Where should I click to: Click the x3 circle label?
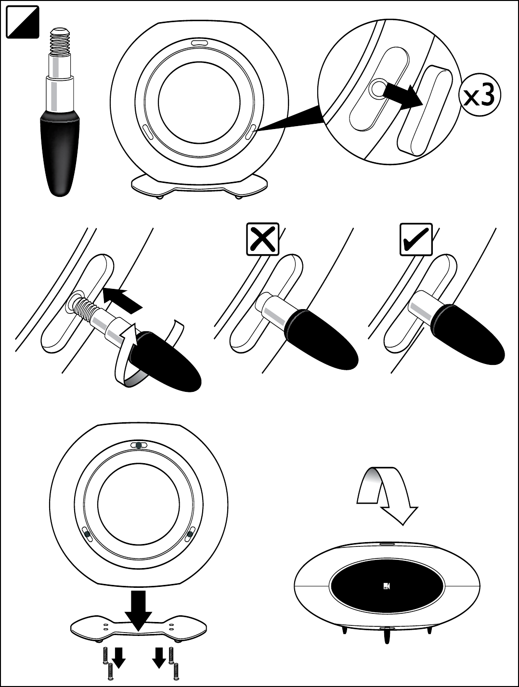(x=479, y=96)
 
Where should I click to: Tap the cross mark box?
(x=262, y=239)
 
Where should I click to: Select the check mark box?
(x=416, y=239)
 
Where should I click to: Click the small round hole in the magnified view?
(x=378, y=88)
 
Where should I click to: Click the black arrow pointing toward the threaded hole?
(x=123, y=298)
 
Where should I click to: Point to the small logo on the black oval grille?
(x=388, y=585)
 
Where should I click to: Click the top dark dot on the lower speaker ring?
(x=139, y=445)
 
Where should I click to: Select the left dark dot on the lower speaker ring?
(x=87, y=533)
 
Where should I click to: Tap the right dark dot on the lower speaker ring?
(x=190, y=533)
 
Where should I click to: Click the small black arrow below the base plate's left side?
(x=118, y=658)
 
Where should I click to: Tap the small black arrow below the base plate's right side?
(x=159, y=658)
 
